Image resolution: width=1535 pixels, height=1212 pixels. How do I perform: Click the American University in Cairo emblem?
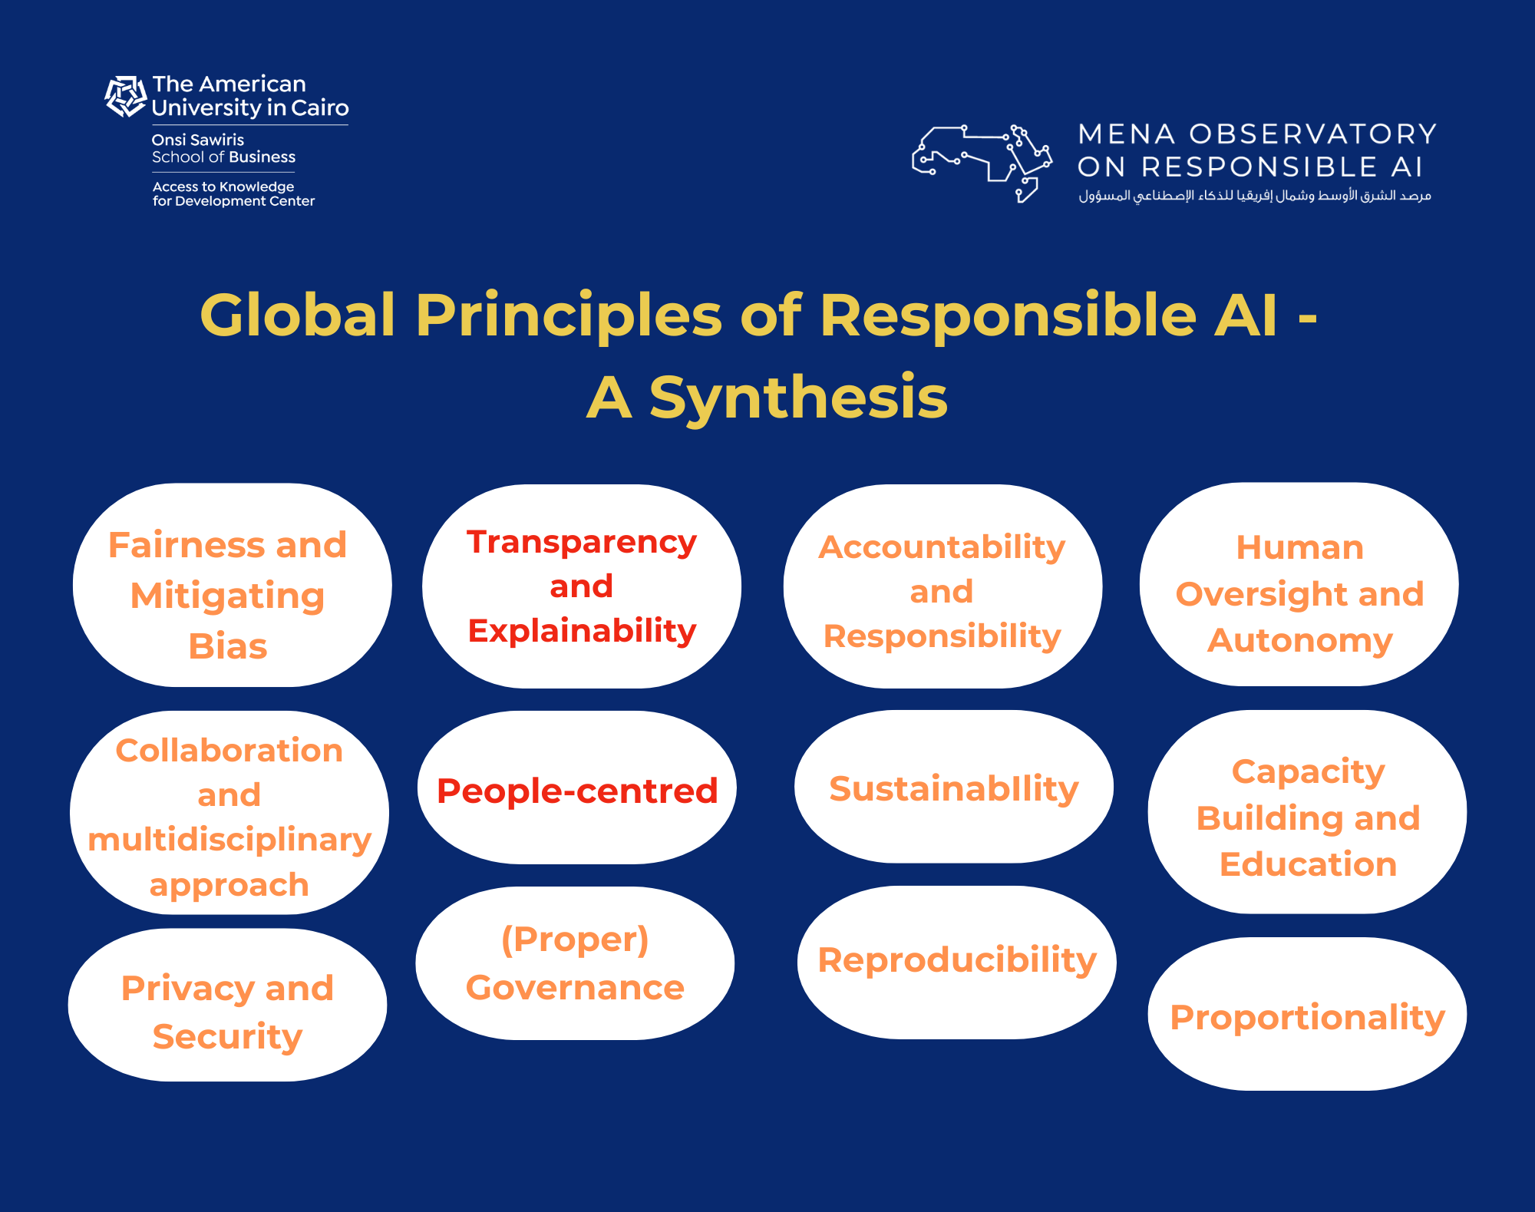tap(125, 96)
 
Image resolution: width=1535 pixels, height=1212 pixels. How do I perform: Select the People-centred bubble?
tap(577, 788)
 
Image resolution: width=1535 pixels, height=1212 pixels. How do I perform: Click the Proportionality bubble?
tap(1307, 1013)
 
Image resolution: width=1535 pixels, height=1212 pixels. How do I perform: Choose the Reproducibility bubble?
tap(956, 963)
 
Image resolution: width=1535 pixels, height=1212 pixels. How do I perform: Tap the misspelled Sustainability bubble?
tap(954, 787)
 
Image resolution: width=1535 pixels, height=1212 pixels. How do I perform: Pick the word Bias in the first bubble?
tap(228, 646)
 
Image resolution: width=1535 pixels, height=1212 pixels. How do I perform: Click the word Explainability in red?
tap(582, 631)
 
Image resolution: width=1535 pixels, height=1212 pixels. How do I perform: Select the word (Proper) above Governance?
tap(575, 940)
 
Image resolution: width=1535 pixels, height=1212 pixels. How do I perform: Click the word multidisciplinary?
tap(229, 840)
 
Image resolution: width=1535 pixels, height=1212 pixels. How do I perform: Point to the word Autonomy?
tap(1299, 641)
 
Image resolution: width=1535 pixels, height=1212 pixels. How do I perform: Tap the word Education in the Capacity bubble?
tap(1308, 864)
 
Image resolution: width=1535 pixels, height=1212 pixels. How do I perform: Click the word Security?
tap(227, 1037)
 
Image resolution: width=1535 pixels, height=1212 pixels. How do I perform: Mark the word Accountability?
tap(942, 548)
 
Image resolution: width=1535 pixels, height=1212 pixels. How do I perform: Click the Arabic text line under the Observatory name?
tap(1255, 196)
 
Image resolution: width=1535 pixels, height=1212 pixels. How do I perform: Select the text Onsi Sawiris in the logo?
tap(198, 140)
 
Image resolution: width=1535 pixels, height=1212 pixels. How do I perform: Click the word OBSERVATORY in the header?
tap(1313, 134)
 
